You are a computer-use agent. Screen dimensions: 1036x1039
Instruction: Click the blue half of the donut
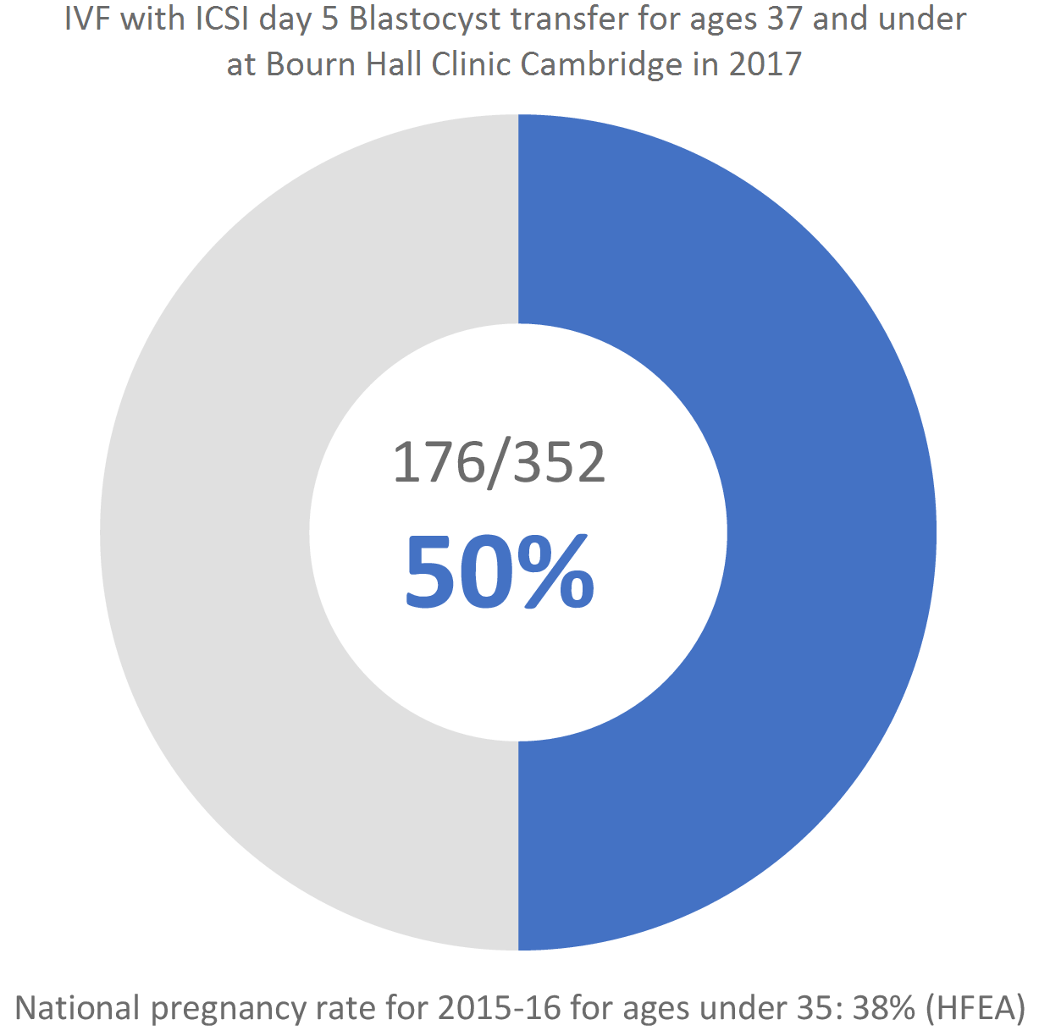(830, 533)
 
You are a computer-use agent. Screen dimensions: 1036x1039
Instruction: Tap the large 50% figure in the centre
(500, 572)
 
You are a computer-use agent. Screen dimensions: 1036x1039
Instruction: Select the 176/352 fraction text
(500, 463)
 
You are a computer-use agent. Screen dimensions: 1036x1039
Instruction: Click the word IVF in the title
(88, 19)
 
